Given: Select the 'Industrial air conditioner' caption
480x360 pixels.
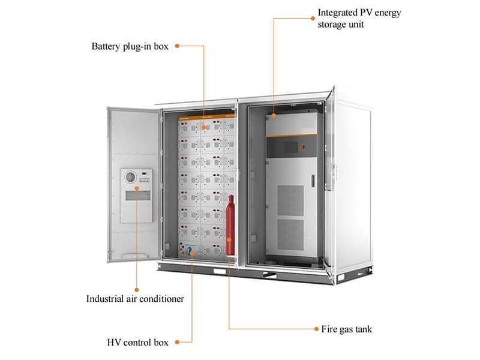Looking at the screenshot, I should (x=135, y=298).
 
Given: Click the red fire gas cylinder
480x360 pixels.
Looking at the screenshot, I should (x=230, y=225).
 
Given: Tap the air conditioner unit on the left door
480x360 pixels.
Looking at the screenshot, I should (x=136, y=195).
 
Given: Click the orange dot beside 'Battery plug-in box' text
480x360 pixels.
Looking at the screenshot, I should (x=176, y=46).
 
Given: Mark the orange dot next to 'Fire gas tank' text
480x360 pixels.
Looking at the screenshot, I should (x=317, y=329).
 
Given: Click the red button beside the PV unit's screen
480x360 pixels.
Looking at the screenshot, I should (x=302, y=146).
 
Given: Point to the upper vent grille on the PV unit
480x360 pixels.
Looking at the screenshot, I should (x=290, y=200).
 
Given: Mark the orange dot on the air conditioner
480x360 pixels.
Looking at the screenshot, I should (x=136, y=188).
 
